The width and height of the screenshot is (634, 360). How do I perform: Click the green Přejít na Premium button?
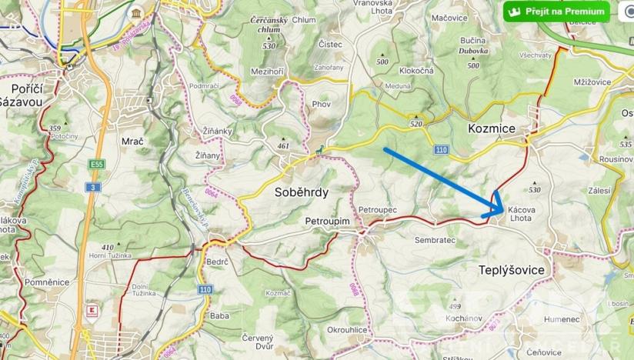coord(556,12)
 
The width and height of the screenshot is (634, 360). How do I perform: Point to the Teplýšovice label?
coord(511,270)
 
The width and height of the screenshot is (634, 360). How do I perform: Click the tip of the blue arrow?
coord(502,211)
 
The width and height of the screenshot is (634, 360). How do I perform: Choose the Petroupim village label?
coord(327,222)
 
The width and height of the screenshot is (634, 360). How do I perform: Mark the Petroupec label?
coord(377,209)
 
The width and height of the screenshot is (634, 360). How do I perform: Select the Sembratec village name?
coord(435,240)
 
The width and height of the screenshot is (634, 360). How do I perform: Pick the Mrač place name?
coord(133,142)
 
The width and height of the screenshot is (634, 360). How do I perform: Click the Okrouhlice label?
coord(347,329)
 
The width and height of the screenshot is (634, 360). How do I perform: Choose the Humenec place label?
coord(539,319)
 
